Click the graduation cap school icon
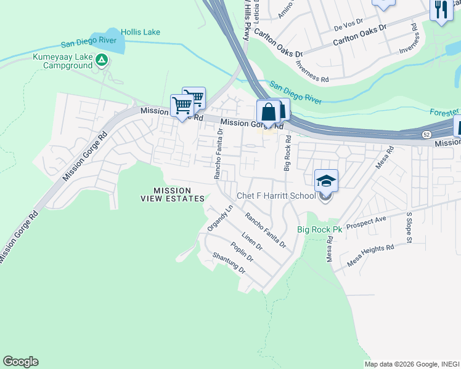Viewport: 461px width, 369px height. tap(326, 180)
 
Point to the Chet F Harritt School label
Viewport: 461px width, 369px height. tap(277, 197)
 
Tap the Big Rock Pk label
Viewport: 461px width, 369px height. tap(319, 229)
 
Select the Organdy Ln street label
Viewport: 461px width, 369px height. tap(220, 218)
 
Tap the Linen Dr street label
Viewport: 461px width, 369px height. tap(252, 241)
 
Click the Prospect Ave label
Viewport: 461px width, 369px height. tap(366, 223)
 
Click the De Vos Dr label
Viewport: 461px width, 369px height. tap(346, 27)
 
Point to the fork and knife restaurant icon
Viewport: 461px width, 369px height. tap(441, 10)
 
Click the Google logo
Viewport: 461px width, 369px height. tap(20, 362)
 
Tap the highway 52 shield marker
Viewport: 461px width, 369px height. tap(426, 133)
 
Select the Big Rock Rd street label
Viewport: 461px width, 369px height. tap(287, 154)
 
